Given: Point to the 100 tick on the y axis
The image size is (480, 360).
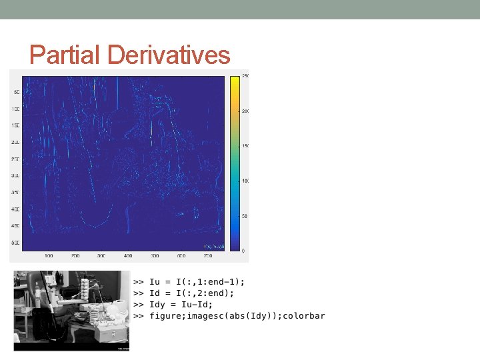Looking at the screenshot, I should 15,109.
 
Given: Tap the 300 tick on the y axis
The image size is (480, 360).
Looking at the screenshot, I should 15,176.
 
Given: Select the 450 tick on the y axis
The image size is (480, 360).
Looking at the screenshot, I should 15,226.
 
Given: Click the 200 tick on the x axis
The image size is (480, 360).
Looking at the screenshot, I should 75,255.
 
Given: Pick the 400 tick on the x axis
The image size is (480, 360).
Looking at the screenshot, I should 127,255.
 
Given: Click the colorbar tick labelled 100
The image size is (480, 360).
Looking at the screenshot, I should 245,181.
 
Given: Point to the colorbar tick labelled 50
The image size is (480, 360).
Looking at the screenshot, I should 244,216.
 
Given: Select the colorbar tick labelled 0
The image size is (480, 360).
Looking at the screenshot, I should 243,251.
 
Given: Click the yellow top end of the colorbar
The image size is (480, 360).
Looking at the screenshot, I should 235,80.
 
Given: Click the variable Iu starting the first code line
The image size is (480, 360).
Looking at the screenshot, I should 154,281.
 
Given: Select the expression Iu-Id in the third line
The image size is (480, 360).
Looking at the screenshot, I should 192,304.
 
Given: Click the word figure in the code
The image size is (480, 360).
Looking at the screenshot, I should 165,315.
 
